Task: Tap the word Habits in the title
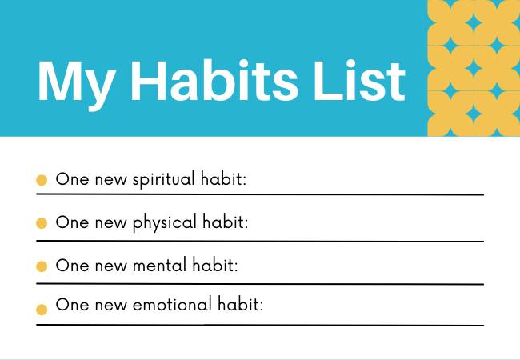pos(214,81)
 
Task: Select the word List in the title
pos(359,81)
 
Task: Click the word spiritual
pos(163,180)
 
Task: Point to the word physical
pos(165,223)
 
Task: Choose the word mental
pos(159,265)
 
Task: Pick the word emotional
pos(172,304)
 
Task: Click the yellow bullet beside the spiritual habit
pos(42,180)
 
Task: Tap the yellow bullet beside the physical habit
pos(42,223)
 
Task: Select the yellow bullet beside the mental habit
pos(42,266)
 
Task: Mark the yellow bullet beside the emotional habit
pos(42,310)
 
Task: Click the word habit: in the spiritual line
pos(223,178)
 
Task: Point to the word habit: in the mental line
pos(215,265)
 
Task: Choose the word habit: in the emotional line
pos(241,304)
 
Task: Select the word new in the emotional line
pos(110,306)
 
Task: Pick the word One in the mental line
pos(72,266)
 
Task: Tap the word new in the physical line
pos(110,224)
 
